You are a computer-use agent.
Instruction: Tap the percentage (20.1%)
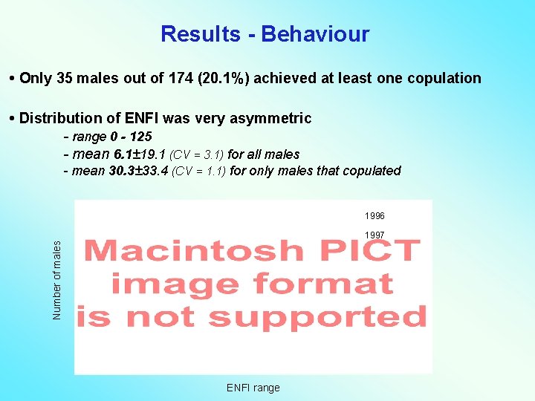(x=213, y=79)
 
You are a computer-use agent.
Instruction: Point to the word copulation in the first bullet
(x=443, y=79)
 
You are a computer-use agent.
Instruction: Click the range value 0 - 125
(x=130, y=137)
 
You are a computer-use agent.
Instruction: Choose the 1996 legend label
(x=374, y=216)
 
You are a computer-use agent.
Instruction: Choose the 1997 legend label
(x=374, y=235)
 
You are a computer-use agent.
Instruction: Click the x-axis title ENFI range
(x=253, y=388)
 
